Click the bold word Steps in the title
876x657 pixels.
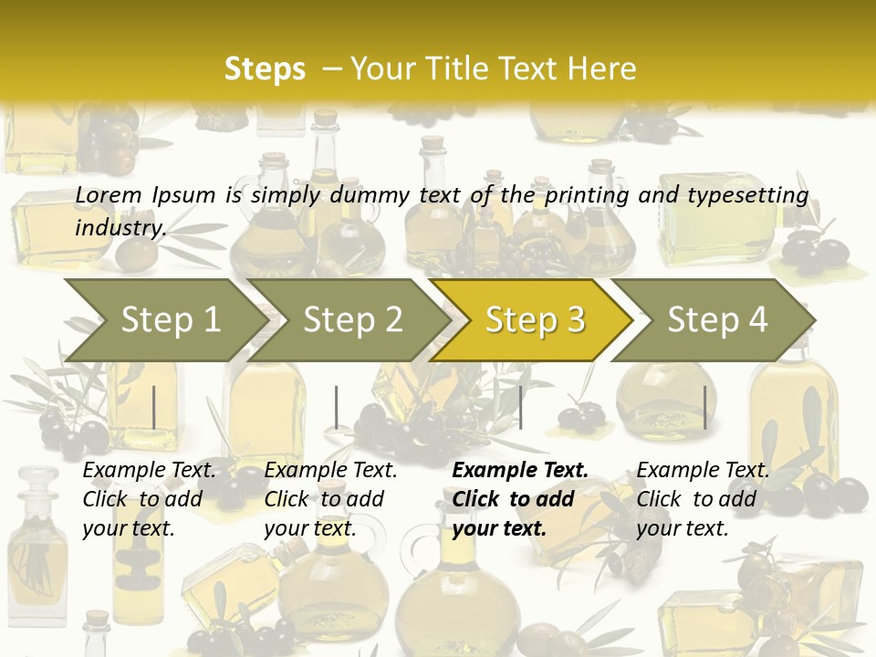[265, 69]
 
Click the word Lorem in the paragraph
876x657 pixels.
[109, 195]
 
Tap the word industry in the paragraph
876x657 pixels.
[120, 228]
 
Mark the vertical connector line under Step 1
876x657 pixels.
[154, 407]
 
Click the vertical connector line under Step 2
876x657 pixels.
[337, 407]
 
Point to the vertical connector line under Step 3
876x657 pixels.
[520, 407]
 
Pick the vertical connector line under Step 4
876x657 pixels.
[704, 407]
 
